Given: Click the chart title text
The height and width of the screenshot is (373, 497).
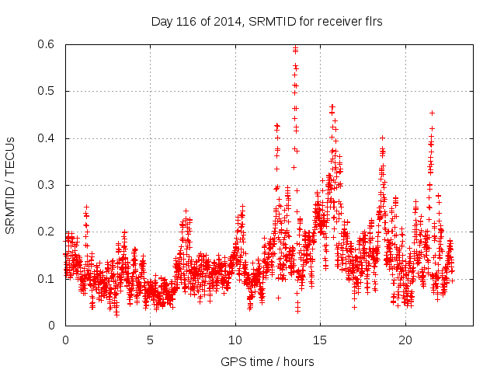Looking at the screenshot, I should pyautogui.click(x=266, y=22).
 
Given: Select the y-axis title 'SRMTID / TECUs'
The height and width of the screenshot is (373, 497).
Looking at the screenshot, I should pyautogui.click(x=10, y=185).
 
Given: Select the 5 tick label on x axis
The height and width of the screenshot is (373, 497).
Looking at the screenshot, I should pyautogui.click(x=150, y=340).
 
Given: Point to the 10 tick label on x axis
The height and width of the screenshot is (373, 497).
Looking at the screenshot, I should pyautogui.click(x=235, y=340).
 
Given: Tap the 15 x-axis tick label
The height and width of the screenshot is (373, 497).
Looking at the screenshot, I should pyautogui.click(x=319, y=340).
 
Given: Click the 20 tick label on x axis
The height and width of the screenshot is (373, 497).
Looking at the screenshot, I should pyautogui.click(x=405, y=340).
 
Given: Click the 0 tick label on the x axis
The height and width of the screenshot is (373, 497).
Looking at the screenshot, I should pyautogui.click(x=65, y=340).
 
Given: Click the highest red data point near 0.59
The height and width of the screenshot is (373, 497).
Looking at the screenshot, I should pyautogui.click(x=295, y=49).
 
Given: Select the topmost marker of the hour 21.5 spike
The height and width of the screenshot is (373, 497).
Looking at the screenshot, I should pyautogui.click(x=432, y=113).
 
